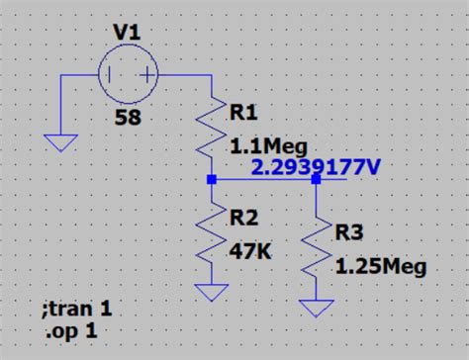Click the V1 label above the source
pos(127,33)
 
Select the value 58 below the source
pos(127,119)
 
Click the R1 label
pos(244,112)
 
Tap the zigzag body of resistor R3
pos(317,251)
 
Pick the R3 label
pos(350,233)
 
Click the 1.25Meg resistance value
pos(380,266)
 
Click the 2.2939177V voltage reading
pos(316,167)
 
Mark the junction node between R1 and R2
pos(211,180)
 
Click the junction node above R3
pos(317,180)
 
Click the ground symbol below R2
pos(211,293)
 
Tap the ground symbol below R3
pos(317,310)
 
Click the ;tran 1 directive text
pos(78,309)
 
